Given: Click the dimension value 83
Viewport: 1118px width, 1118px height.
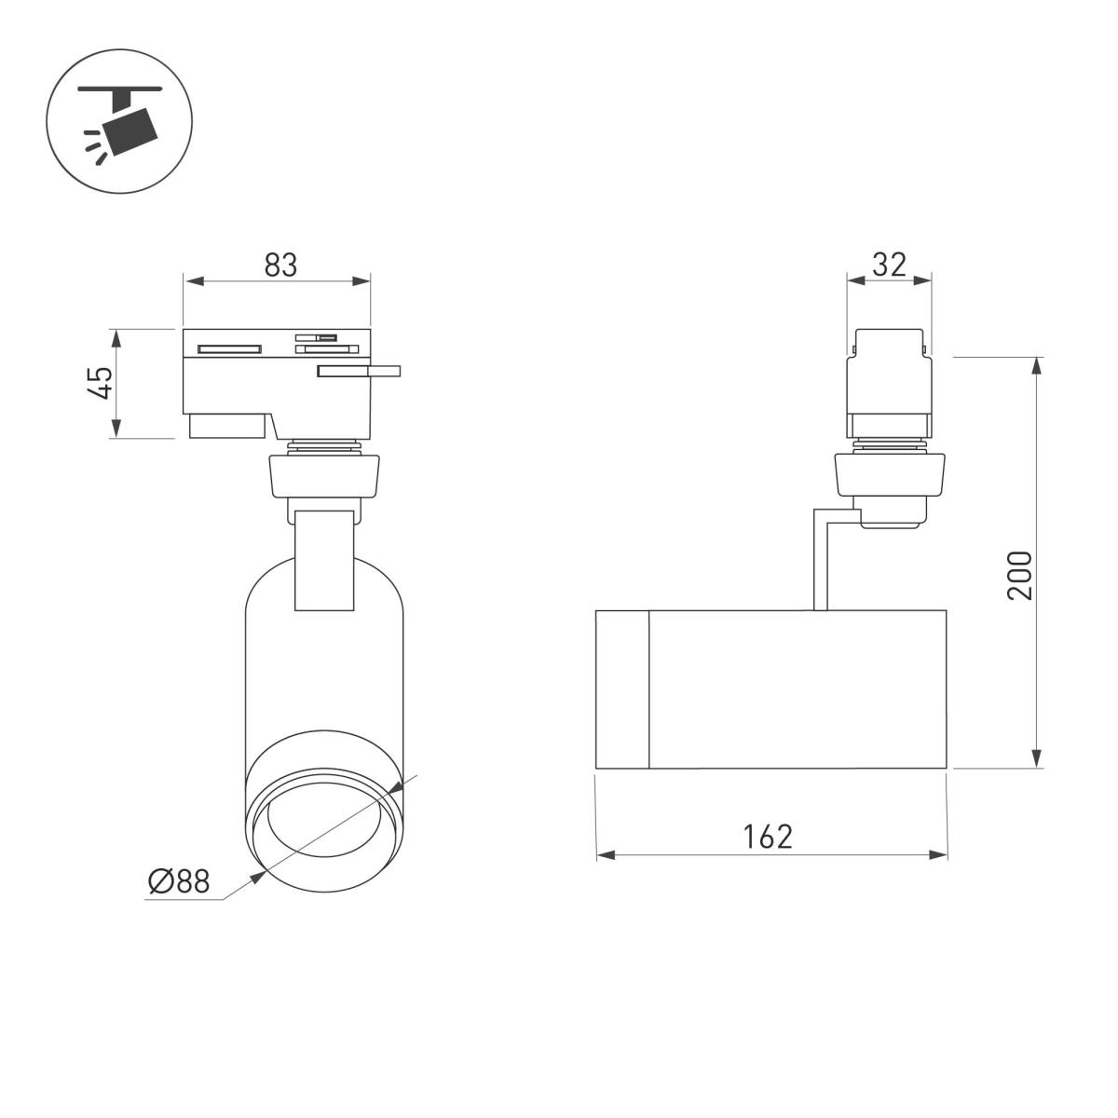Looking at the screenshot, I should coord(279,265).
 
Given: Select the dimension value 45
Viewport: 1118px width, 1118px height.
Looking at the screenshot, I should coord(101,382).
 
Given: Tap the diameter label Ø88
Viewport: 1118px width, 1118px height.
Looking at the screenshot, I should coord(179,880).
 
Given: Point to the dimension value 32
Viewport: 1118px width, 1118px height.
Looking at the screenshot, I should coord(889,265).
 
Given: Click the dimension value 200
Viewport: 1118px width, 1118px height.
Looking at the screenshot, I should coord(1020,575).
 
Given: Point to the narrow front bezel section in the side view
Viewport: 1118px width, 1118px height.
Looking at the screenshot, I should coord(622,689).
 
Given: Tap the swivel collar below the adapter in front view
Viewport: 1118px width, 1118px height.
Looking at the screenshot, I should coord(323,474).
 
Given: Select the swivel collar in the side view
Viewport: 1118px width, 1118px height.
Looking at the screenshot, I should coord(890,473).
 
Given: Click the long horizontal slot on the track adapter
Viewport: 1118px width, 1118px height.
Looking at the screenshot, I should coord(228,349).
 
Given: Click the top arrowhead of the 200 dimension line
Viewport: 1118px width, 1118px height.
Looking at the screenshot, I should coord(1036,364).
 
